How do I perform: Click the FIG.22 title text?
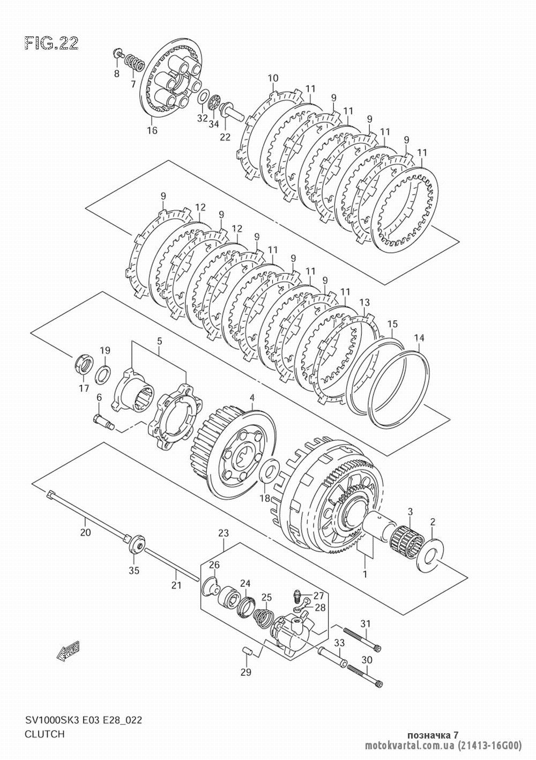coord(51,43)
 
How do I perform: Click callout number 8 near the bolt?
coord(117,73)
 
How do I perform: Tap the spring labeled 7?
coord(135,63)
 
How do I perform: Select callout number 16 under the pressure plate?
coord(152,130)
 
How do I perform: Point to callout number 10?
coord(273,78)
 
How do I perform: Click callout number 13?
coord(364,302)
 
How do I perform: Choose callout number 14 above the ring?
coord(419,338)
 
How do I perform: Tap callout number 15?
coord(392,323)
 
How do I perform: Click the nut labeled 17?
coord(84,364)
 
